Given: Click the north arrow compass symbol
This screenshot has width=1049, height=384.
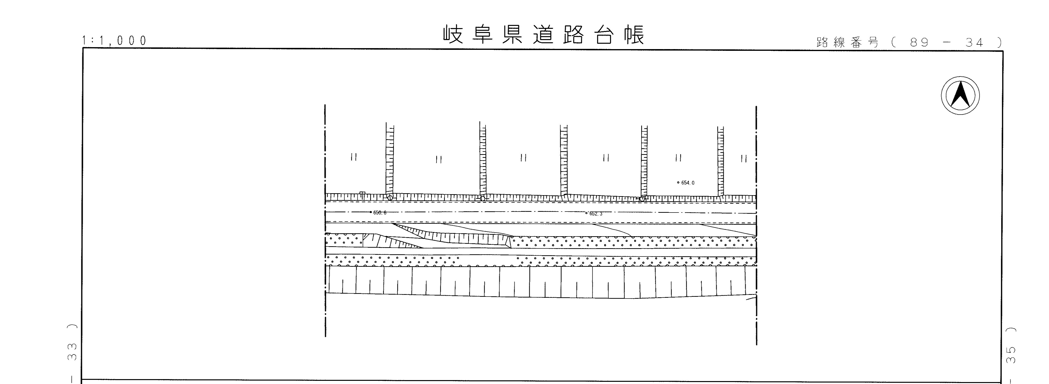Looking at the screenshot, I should tap(960, 95).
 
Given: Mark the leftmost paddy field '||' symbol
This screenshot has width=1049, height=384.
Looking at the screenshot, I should tap(354, 157).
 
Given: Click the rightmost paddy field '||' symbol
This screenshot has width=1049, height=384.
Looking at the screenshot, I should tap(743, 159).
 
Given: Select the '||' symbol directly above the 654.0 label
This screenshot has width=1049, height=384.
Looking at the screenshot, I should tap(678, 158).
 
